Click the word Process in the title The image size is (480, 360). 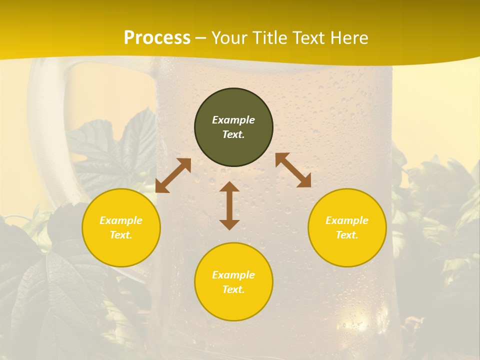pos(157,38)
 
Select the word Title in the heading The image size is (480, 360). pos(269,38)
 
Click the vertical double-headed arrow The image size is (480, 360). pos(229,205)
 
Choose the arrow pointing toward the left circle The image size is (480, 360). pos(173,175)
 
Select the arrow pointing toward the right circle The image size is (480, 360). pos(293,170)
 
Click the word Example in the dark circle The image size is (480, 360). pos(233,120)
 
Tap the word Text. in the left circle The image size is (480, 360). pos(121,235)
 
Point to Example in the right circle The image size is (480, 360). pos(347,220)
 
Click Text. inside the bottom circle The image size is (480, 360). pos(233,289)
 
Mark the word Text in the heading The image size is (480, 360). pos(309,38)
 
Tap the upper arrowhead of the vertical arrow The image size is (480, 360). pos(229,186)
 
